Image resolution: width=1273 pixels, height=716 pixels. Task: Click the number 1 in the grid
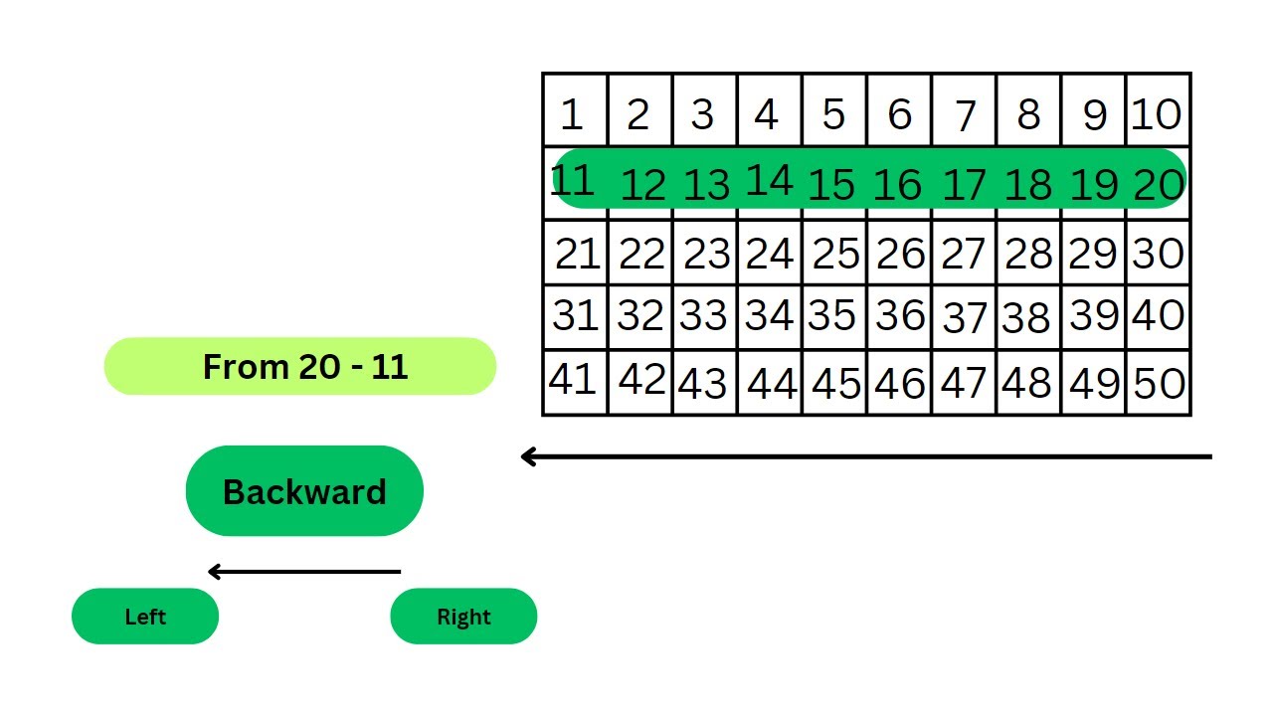[x=571, y=114]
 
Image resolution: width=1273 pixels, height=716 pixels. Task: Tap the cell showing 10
[x=1157, y=114]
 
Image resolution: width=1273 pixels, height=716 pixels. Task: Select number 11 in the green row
[x=572, y=181]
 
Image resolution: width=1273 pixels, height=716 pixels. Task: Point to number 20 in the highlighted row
[x=1159, y=185]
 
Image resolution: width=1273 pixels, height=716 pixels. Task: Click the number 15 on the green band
[x=831, y=185]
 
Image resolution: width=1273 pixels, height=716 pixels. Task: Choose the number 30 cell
[x=1159, y=255]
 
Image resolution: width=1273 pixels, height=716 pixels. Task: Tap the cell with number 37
[x=964, y=318]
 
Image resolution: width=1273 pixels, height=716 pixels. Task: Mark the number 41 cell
[x=573, y=380]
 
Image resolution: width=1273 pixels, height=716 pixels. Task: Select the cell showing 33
[x=704, y=316]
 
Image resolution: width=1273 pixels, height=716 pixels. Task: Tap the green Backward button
[x=304, y=491]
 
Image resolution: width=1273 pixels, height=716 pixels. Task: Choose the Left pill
[x=145, y=617]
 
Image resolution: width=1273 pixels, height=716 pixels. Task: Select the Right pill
[x=463, y=617]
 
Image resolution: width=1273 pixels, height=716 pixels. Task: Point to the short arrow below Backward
[x=304, y=572]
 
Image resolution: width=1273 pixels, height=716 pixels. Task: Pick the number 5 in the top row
[x=833, y=114]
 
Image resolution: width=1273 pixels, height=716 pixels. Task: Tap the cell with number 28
[x=1028, y=255]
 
